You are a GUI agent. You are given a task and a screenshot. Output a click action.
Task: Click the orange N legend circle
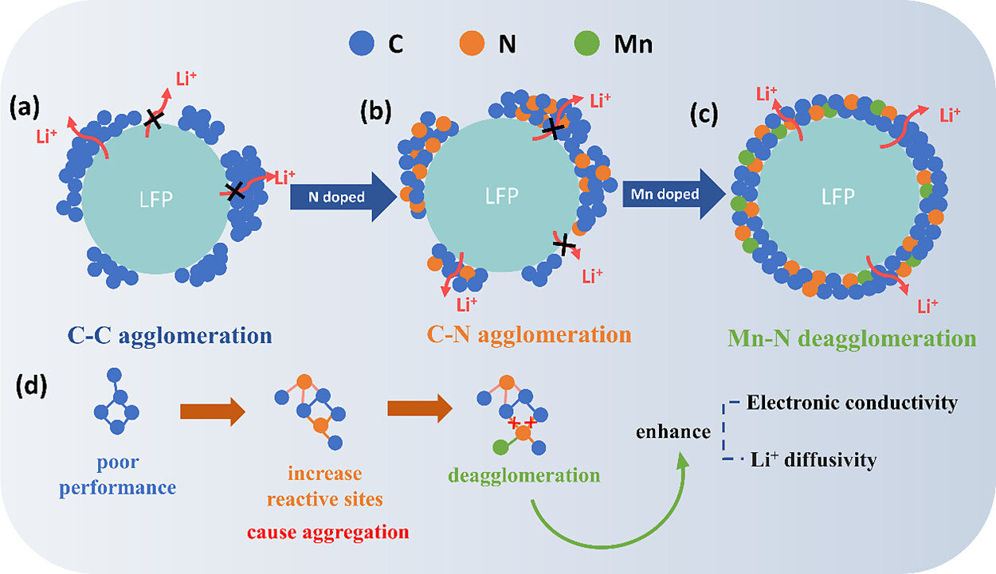(472, 44)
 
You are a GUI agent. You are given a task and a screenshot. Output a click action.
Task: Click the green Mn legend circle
(587, 44)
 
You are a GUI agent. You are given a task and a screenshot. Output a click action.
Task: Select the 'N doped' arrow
(343, 195)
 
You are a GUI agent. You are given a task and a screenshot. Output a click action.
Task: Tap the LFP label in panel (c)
(837, 197)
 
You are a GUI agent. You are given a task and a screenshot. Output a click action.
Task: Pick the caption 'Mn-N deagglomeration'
(851, 338)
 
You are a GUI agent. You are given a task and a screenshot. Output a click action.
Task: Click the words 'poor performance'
(118, 474)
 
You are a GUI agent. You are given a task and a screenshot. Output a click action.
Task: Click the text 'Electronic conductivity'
(851, 403)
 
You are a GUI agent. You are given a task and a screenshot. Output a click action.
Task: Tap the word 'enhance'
(672, 431)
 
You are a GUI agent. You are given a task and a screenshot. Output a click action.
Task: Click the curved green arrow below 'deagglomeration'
(606, 533)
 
